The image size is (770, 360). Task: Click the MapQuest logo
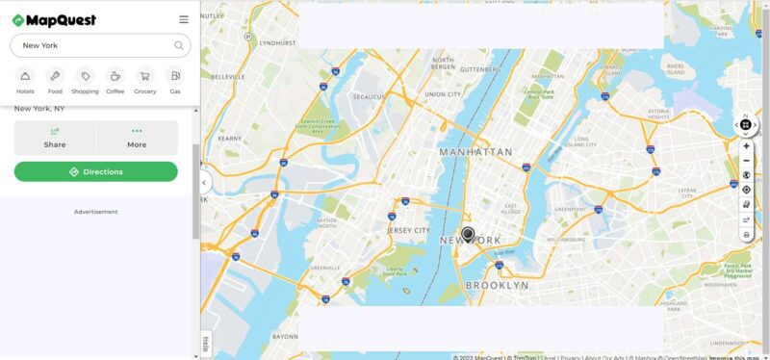point(55,18)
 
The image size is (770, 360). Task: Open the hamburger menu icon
point(184,18)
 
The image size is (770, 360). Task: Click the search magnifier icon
point(179,45)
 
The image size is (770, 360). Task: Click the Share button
point(55,138)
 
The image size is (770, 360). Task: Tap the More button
point(137,138)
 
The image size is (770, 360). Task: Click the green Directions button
point(96,171)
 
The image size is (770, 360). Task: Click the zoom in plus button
point(747,146)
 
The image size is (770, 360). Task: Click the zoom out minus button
point(747,161)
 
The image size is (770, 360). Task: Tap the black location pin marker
point(468,234)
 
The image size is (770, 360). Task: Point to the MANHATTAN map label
point(475,152)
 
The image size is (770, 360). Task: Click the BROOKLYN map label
point(497,286)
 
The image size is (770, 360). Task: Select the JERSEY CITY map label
point(408,231)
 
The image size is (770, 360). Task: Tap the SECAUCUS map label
point(369,97)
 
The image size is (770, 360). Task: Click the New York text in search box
point(41,45)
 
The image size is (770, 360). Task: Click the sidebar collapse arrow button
point(204,182)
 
